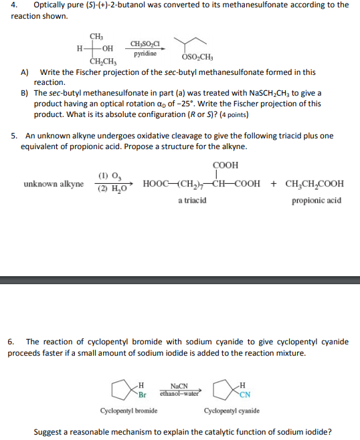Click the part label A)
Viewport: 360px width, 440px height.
click(25, 72)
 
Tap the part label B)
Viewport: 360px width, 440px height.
click(25, 93)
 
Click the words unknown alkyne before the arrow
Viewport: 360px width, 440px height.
click(54, 183)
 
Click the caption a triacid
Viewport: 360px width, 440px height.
click(192, 201)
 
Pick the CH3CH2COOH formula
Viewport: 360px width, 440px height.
click(314, 184)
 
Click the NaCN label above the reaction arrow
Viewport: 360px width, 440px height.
click(179, 386)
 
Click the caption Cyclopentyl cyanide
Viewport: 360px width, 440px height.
click(232, 411)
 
